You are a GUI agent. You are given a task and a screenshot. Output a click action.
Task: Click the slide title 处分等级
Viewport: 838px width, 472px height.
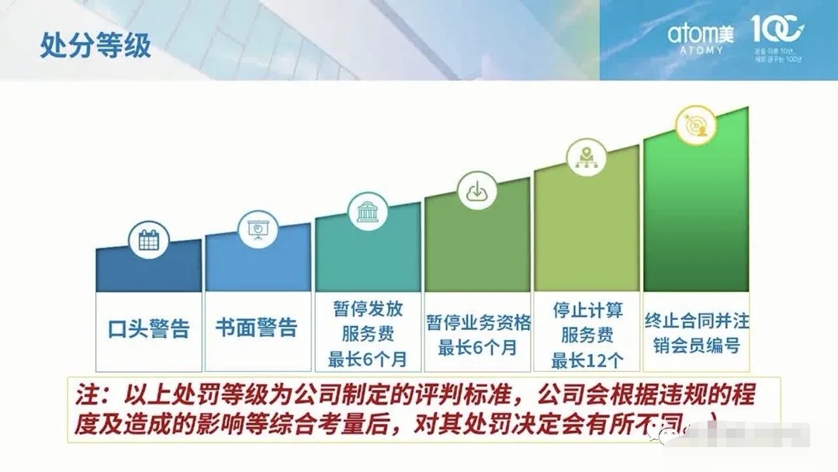pos(95,45)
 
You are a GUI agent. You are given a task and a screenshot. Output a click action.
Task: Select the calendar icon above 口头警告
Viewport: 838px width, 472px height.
pos(148,241)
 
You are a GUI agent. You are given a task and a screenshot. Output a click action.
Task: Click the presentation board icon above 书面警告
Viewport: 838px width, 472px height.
pos(257,229)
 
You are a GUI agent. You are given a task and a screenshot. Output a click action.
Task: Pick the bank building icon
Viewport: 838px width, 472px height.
pos(367,211)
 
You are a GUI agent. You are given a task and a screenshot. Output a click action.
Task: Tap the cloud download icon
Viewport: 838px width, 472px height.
pos(476,192)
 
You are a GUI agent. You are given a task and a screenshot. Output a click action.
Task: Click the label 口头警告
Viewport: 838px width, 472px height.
pos(148,328)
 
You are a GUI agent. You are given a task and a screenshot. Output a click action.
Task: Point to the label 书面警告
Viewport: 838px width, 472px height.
pos(257,327)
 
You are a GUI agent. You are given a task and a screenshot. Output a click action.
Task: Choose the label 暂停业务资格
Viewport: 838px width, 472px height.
pos(478,322)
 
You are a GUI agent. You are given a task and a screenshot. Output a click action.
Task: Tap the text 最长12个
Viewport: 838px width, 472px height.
pos(587,360)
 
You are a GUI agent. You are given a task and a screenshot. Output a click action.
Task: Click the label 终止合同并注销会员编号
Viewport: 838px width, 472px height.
pos(697,332)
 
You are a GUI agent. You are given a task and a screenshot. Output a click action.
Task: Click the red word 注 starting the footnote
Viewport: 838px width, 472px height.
pos(86,395)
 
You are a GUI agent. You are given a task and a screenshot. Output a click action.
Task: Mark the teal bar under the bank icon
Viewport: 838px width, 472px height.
pos(368,256)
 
